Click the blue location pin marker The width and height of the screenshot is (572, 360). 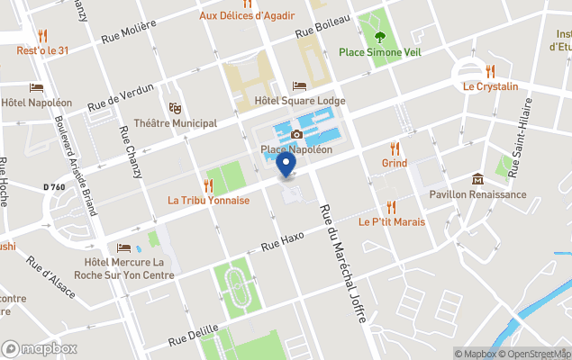[x=286, y=166]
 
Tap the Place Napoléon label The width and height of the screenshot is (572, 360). [x=296, y=149]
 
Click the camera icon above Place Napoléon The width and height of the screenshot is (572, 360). [x=296, y=135]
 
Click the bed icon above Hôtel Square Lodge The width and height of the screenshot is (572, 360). [x=300, y=86]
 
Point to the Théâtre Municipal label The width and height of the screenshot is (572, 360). [x=175, y=122]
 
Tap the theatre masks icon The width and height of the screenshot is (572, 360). [x=175, y=108]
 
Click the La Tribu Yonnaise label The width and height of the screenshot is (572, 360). [x=208, y=201]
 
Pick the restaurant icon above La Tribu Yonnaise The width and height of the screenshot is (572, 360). [x=208, y=185]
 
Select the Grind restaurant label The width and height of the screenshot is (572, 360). [x=394, y=163]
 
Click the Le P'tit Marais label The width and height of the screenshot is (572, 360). [x=391, y=221]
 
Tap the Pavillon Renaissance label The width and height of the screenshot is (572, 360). [x=477, y=193]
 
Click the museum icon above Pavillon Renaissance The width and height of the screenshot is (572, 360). [x=477, y=179]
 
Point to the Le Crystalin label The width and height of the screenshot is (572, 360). [x=491, y=86]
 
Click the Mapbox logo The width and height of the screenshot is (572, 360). [x=40, y=348]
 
